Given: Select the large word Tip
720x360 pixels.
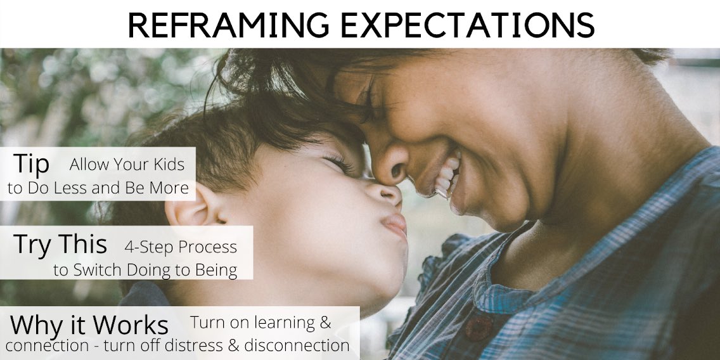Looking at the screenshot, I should (31, 165).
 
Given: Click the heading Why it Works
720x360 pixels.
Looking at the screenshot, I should (89, 325).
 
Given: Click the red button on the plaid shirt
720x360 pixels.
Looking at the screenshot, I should (479, 328).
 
